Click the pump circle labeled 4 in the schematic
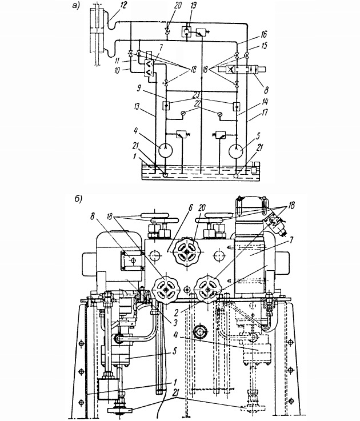point(166,150)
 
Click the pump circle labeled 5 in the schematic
point(236,151)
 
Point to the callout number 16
point(263,34)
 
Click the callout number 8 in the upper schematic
point(266,90)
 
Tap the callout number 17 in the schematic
point(265,112)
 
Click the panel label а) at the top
point(77,6)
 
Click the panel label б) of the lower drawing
point(78,199)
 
